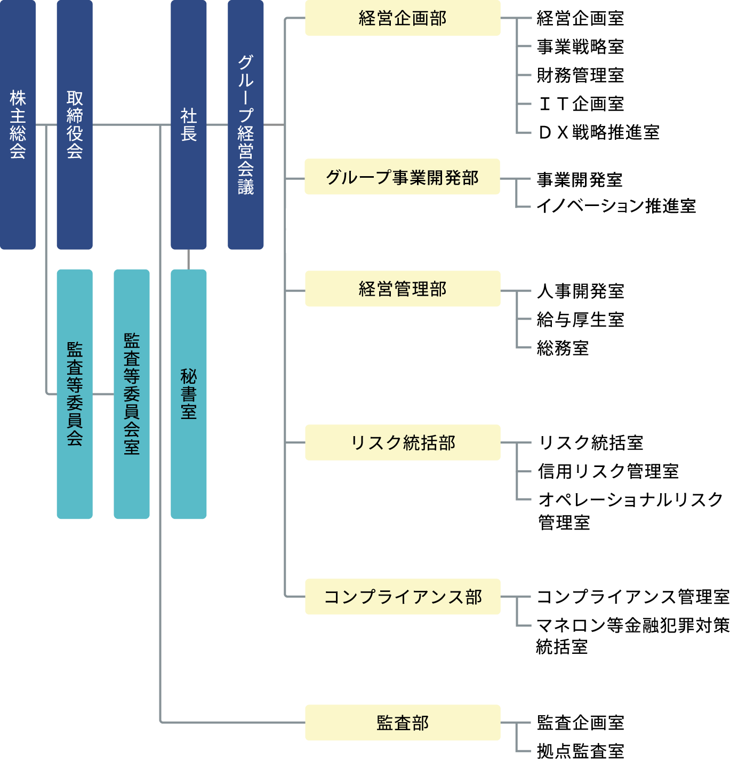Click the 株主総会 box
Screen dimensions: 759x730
click(18, 124)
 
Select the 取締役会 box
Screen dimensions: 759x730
click(75, 124)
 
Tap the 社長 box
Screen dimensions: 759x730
click(188, 124)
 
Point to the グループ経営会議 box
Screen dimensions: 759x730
click(245, 124)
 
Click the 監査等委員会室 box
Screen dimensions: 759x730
click(132, 394)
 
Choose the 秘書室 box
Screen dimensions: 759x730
click(188, 394)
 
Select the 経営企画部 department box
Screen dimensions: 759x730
click(403, 18)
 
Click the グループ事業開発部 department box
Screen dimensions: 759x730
click(403, 177)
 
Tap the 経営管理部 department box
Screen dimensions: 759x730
click(403, 289)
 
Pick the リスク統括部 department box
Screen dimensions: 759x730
click(403, 442)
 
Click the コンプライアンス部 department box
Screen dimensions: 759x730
click(403, 596)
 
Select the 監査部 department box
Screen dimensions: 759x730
click(403, 723)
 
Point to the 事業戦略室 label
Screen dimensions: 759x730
click(580, 47)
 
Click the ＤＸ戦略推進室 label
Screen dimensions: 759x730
click(599, 132)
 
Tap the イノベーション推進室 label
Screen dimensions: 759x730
click(616, 205)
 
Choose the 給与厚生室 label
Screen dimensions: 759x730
click(580, 320)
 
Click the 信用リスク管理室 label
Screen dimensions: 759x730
click(608, 471)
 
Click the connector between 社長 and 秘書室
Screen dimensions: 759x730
click(188, 259)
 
